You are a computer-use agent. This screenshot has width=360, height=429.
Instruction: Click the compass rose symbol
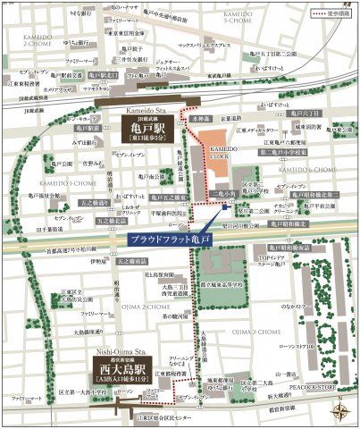(341, 411)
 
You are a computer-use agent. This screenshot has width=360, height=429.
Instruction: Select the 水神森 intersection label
(201, 119)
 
